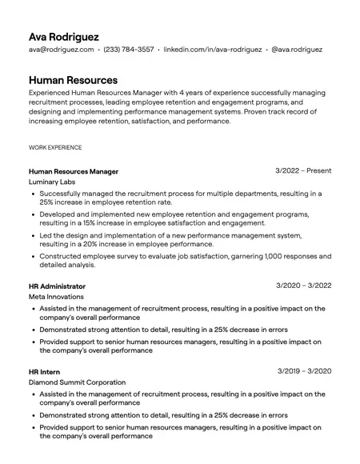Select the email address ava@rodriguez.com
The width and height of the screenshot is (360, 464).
coord(61,50)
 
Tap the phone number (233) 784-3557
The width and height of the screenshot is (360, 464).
coord(129,50)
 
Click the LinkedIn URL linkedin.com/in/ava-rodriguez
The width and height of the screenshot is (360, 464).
coord(212,50)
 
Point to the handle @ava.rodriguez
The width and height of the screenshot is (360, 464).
coord(297,50)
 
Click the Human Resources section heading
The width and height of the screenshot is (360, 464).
coord(73,80)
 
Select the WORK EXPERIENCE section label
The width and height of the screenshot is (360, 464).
coord(55,148)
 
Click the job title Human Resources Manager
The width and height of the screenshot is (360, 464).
coord(74,171)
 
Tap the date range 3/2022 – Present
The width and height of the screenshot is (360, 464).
coord(303,171)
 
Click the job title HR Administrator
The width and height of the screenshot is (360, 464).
coord(57,286)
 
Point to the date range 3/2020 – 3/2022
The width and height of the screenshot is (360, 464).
coord(304,286)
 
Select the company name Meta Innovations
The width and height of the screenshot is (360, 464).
coord(57,297)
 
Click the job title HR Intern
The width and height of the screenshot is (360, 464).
coord(44,372)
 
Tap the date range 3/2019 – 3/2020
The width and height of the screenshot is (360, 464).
coord(305,371)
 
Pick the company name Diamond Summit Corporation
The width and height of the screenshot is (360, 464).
coord(77,382)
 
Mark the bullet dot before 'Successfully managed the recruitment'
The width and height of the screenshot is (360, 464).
coord(33,194)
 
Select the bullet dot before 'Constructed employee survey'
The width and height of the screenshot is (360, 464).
coord(33,256)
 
